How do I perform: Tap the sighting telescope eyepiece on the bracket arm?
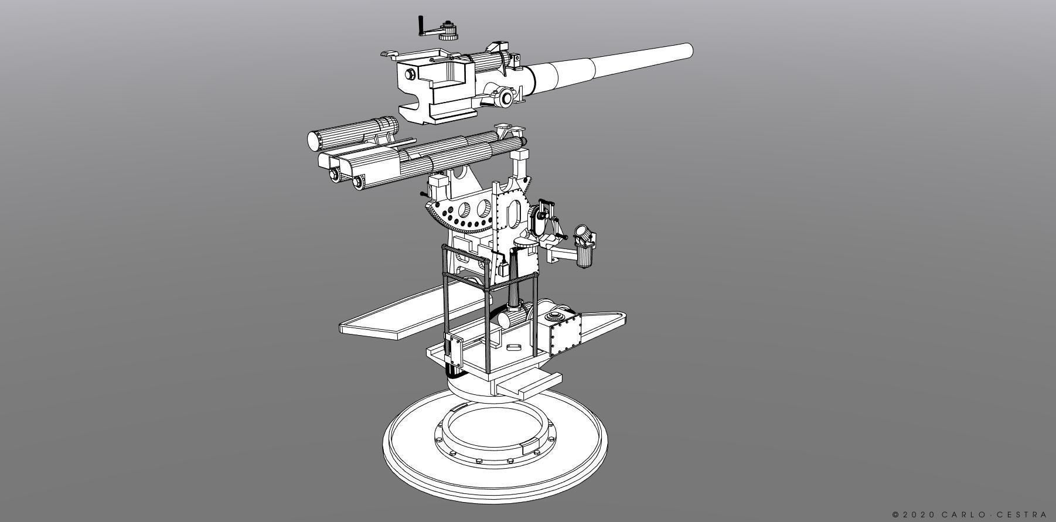coord(584,234)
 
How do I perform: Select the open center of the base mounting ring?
coord(492,430)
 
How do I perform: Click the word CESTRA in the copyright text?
coord(1023,514)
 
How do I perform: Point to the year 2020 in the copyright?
coord(919,514)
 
